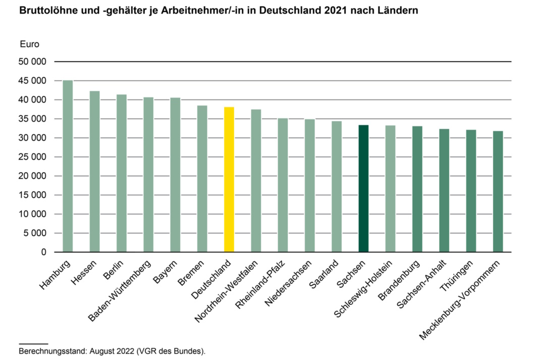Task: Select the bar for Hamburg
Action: click(68, 166)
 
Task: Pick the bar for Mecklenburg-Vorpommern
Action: click(498, 191)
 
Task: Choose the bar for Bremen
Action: click(202, 179)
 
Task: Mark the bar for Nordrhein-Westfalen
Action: click(256, 181)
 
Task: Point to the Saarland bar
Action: click(337, 186)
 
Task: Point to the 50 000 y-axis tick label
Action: click(33, 62)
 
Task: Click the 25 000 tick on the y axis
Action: click(33, 157)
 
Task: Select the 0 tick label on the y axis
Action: click(43, 252)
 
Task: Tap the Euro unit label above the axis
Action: click(29, 44)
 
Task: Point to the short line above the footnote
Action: click(33, 343)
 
